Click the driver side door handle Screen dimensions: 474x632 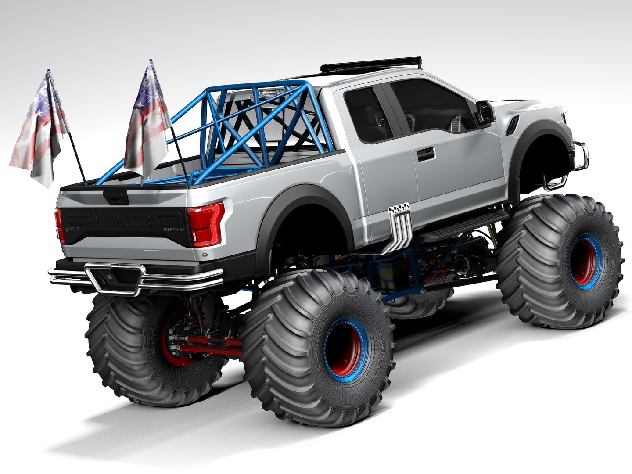click(426, 153)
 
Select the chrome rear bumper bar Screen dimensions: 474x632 click(136, 279)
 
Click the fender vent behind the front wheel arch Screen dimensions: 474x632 click(512, 124)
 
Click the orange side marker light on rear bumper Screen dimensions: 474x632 click(202, 255)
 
